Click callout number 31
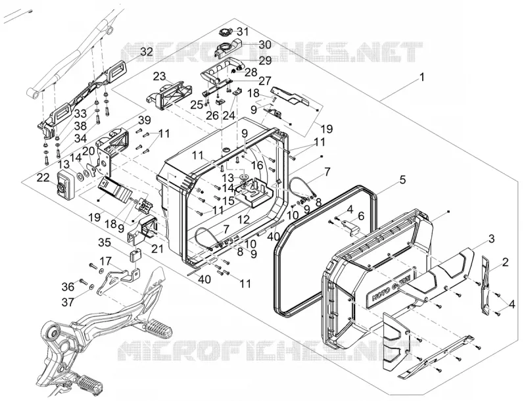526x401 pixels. [243, 32]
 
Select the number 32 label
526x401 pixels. [146, 52]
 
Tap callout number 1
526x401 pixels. [422, 77]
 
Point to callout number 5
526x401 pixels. [402, 179]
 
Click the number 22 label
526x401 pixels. [43, 178]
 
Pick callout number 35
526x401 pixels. [105, 242]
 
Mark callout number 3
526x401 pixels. [491, 239]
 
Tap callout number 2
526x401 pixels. [505, 262]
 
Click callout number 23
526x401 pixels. [160, 76]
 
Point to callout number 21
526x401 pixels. [157, 248]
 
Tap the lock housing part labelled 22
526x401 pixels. [65, 185]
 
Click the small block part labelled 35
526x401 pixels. [135, 256]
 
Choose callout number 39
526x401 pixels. [145, 120]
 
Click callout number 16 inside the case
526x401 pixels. [257, 164]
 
